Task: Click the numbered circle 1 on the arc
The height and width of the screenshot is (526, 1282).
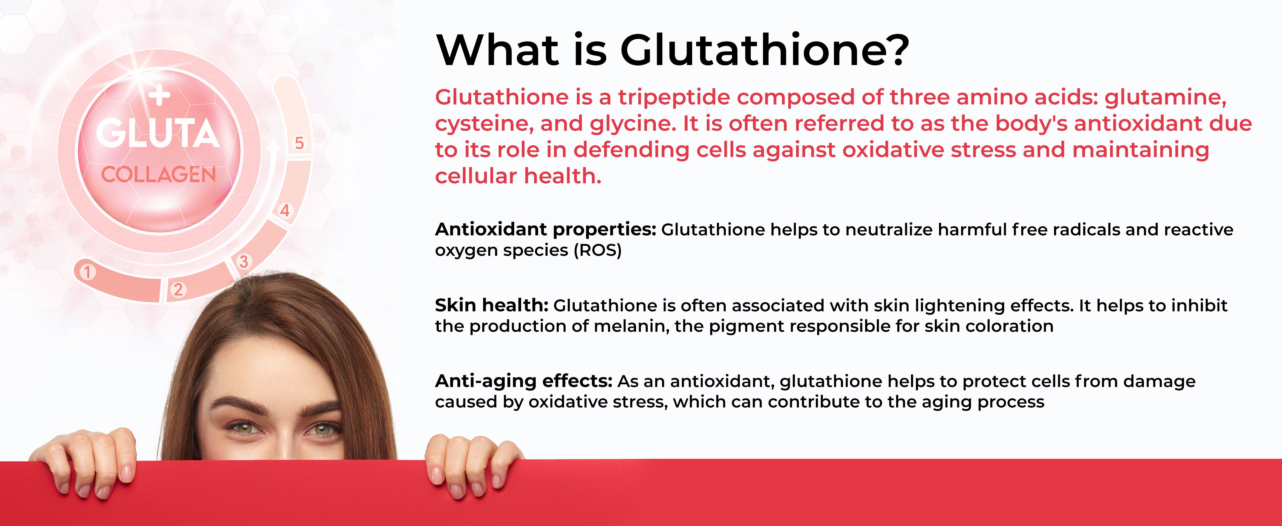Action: click(x=88, y=272)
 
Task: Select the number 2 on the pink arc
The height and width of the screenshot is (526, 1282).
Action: click(x=178, y=289)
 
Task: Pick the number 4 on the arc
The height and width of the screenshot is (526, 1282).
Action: click(x=285, y=210)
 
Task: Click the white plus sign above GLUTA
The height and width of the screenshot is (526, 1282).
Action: click(x=159, y=96)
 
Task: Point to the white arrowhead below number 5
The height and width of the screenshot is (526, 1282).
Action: click(x=272, y=145)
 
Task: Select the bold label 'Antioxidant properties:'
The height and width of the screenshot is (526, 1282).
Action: click(x=546, y=230)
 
